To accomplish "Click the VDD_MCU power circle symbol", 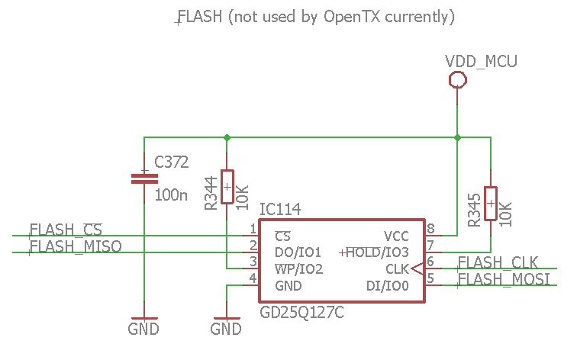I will (457, 79).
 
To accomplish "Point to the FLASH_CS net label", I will (66, 230).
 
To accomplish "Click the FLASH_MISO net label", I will (75, 246).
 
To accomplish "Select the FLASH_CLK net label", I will (498, 263).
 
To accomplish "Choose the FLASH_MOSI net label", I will (503, 279).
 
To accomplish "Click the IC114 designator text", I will (280, 210).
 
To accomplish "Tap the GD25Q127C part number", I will (302, 313).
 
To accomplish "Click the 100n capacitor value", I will (170, 195).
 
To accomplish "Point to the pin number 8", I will (430, 229).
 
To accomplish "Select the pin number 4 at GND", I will (253, 279).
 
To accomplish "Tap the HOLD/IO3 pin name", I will (379, 252).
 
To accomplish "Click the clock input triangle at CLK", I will (417, 269).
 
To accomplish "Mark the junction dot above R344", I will (227, 138).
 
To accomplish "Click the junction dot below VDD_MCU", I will (457, 138).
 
